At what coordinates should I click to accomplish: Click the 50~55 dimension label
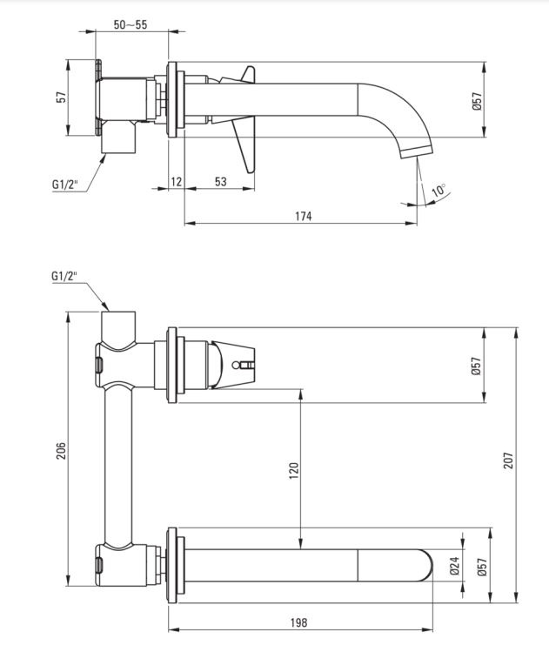[x=131, y=24]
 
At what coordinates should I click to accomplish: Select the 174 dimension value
[x=303, y=216]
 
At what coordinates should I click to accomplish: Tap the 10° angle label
[x=439, y=190]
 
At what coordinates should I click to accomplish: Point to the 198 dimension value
[x=298, y=622]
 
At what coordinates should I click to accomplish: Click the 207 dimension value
[x=508, y=460]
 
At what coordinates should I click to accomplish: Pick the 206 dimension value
[x=62, y=451]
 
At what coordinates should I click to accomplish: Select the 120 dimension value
[x=294, y=471]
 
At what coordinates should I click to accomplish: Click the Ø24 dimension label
[x=454, y=566]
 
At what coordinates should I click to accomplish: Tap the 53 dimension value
[x=220, y=182]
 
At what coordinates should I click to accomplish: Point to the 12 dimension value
[x=177, y=182]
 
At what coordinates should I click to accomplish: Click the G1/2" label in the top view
[x=65, y=185]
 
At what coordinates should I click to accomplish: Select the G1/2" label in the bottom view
[x=64, y=276]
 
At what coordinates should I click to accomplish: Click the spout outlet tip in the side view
[x=418, y=153]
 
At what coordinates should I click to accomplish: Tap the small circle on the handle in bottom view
[x=235, y=365]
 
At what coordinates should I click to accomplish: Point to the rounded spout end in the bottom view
[x=426, y=565]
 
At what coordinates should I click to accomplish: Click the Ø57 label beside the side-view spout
[x=478, y=101]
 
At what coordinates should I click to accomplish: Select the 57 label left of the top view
[x=62, y=97]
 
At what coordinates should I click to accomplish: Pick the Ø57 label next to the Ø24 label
[x=482, y=567]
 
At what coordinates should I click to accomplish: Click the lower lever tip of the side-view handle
[x=250, y=171]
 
